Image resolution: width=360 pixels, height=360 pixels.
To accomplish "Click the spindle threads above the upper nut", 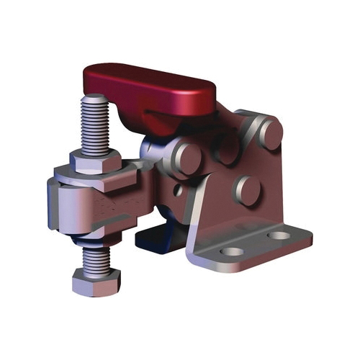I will point(95,126).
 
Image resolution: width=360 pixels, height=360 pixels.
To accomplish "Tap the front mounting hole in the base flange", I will point(230,251).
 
